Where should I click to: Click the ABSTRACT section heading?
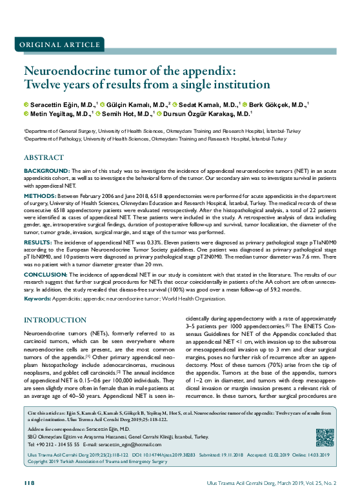(x=43, y=157)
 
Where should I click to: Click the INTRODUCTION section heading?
(x=55, y=321)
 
